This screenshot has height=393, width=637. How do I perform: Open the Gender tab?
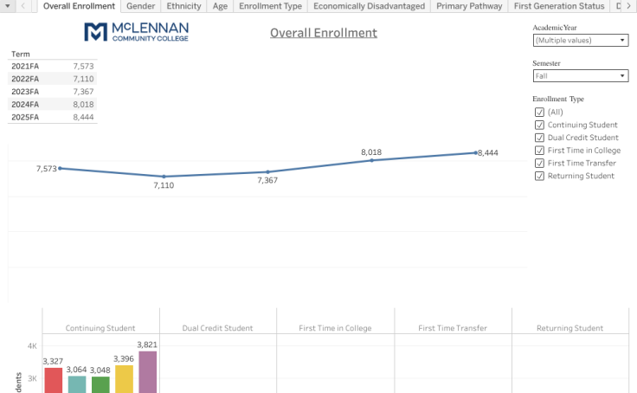coord(141,6)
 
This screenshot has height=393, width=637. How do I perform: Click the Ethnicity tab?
coord(183,6)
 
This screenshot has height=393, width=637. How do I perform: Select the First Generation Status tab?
coord(558,6)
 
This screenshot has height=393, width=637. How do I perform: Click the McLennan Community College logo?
coord(136,32)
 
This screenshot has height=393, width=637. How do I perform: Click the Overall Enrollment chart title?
coord(323,33)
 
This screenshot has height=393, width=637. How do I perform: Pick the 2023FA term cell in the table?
coord(25,91)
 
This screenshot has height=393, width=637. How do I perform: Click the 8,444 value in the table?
coord(83,117)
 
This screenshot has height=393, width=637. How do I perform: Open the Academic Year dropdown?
coord(581,40)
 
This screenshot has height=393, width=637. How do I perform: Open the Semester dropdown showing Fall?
coord(581,76)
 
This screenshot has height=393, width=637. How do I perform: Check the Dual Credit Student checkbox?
coord(539,138)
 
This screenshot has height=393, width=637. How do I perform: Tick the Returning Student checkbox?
coord(539,176)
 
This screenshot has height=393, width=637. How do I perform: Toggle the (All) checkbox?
coord(539,113)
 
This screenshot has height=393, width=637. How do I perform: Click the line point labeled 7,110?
coord(164,177)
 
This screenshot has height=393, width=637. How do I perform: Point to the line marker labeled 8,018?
coord(371,160)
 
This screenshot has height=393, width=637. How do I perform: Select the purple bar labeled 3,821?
coord(148,372)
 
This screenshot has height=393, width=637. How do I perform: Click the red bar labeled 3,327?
coord(53,380)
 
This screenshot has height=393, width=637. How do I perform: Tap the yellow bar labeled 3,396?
coord(124,379)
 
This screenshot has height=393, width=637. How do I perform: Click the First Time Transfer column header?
coord(452,328)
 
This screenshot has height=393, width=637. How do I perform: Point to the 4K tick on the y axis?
coord(32,346)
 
